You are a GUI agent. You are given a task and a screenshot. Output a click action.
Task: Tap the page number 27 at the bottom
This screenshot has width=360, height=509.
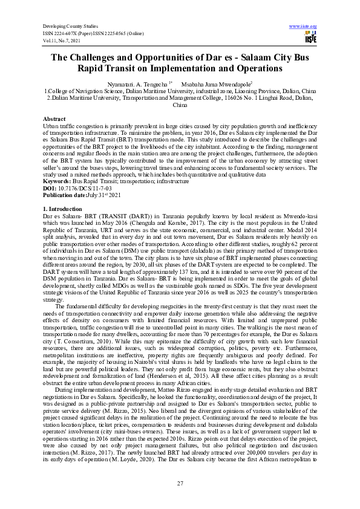180,482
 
